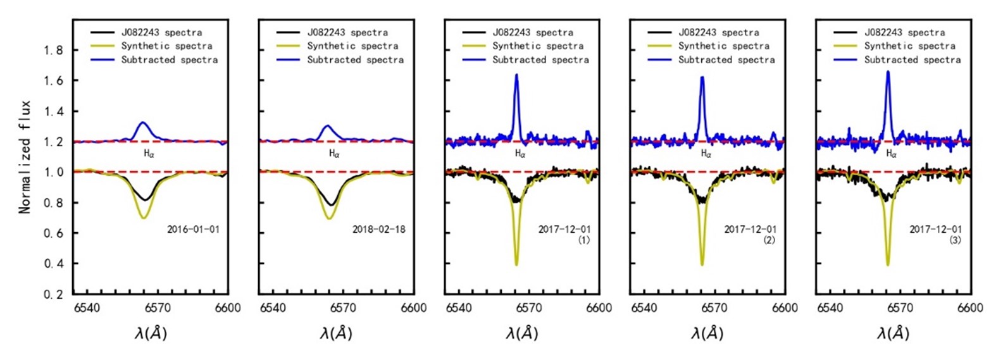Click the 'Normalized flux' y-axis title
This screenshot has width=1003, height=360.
[25, 156]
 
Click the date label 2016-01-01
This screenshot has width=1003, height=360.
[193, 229]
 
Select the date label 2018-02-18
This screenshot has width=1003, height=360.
[378, 229]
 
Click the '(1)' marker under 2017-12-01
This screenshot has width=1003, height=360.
[583, 240]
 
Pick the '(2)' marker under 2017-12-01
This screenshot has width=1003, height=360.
[769, 240]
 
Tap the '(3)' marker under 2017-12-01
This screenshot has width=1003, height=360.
[955, 240]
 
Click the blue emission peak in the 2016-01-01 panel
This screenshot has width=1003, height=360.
[143, 122]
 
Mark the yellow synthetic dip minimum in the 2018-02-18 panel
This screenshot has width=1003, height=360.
[329, 219]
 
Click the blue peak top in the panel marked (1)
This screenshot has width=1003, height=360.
[516, 75]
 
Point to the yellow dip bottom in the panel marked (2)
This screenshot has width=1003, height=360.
[702, 264]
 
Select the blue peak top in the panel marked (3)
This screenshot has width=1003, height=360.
[888, 71]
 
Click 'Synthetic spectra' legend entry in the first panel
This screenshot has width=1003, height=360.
[166, 46]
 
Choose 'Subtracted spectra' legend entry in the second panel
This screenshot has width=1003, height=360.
[355, 60]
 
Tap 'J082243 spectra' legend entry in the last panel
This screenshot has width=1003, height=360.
[904, 32]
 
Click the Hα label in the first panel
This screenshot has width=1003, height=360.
[149, 154]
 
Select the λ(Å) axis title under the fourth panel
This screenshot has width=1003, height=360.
[707, 333]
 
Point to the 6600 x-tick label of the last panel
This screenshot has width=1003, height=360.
[970, 308]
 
